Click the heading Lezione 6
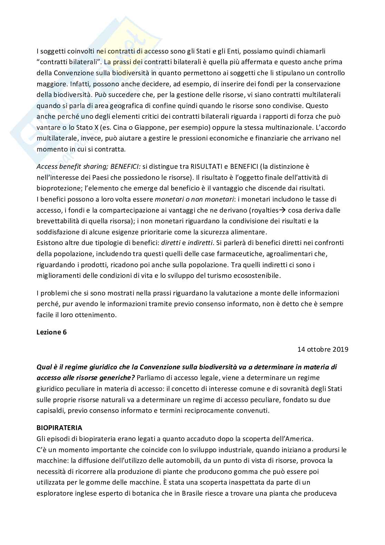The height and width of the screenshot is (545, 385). pos(51,332)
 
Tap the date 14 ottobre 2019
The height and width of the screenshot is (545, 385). pos(323,349)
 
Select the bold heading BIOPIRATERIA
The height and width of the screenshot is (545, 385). pos(59,428)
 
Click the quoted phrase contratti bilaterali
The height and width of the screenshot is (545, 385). pos(69,62)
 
